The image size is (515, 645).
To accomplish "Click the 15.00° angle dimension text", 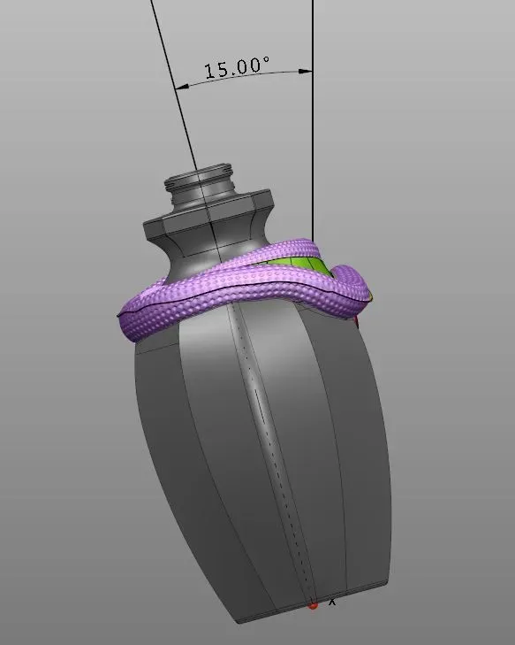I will pyautogui.click(x=237, y=68).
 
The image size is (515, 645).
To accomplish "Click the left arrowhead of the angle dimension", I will pyautogui.click(x=180, y=87).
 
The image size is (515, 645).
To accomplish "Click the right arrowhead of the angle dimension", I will pyautogui.click(x=308, y=71).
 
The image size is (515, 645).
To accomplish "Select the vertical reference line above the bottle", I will pyautogui.click(x=313, y=133).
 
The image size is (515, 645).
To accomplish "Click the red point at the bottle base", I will pyautogui.click(x=313, y=605).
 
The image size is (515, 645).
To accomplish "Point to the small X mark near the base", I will pyautogui.click(x=332, y=602).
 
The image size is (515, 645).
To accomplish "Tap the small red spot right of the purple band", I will pyautogui.click(x=356, y=325).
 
